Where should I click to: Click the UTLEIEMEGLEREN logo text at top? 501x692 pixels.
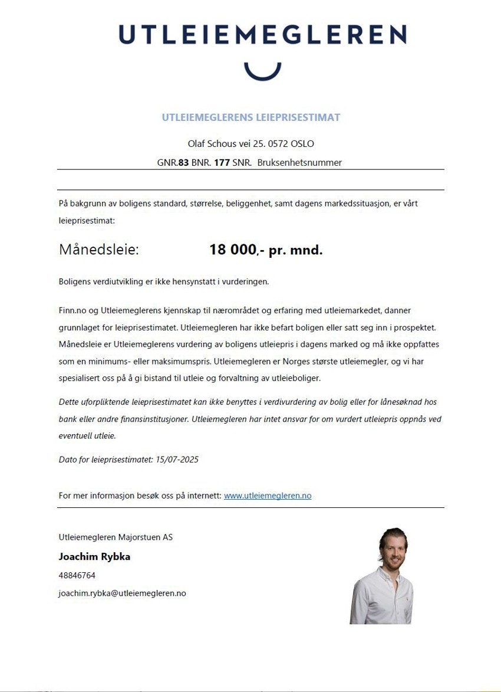[x=262, y=34]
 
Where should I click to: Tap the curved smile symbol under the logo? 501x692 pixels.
[x=262, y=72]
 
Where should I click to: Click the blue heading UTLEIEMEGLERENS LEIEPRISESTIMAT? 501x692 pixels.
[x=251, y=117]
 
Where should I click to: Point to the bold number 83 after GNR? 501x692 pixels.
[x=183, y=162]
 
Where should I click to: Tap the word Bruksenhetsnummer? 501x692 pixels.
[x=299, y=162]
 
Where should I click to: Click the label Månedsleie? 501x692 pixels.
[x=99, y=250]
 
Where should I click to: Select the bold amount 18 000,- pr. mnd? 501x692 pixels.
[x=266, y=250]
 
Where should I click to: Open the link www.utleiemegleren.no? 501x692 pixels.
[x=268, y=496]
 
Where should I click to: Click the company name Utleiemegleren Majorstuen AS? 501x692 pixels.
[x=116, y=537]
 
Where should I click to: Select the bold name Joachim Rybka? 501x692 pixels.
[x=94, y=556]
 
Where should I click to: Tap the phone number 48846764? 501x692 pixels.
[x=77, y=575]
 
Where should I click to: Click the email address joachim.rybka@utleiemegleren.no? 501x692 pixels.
[x=122, y=593]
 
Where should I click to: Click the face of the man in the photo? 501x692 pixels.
[x=391, y=549]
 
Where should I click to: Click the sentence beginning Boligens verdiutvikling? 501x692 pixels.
[x=164, y=281]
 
